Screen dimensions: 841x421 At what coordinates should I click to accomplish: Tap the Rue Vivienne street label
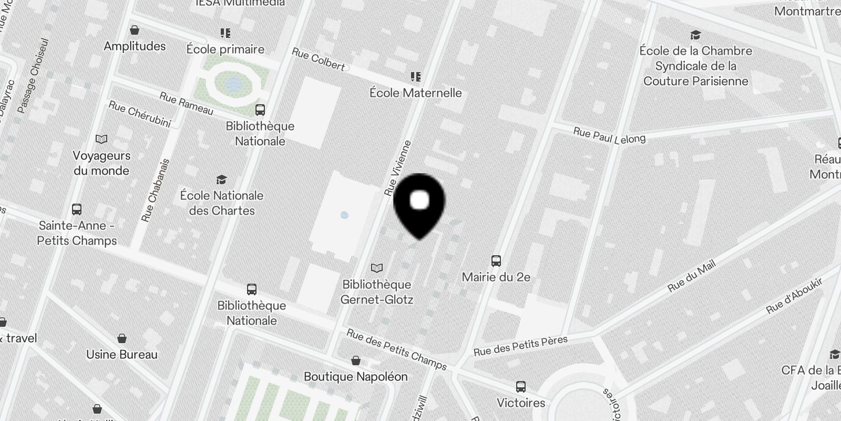[x=397, y=168]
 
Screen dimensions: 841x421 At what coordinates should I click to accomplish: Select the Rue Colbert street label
[x=318, y=59]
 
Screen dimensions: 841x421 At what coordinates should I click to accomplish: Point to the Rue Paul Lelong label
[x=609, y=135]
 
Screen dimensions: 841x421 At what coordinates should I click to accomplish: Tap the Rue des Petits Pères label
[x=520, y=346]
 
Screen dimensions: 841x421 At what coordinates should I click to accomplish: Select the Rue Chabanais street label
[x=155, y=190]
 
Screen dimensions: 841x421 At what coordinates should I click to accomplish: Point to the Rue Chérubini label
[x=140, y=114]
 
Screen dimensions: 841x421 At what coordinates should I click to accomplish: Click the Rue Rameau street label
[x=186, y=104]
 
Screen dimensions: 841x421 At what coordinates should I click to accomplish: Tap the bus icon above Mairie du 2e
[x=496, y=260]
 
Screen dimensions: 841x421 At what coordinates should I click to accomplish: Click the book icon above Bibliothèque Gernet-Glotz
[x=376, y=268]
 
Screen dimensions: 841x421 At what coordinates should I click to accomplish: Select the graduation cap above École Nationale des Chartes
[x=221, y=179]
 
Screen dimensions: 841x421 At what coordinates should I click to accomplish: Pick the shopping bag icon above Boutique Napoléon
[x=356, y=360]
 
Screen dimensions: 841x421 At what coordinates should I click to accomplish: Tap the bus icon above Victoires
[x=520, y=387]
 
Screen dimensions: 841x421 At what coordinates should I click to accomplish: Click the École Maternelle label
[x=415, y=93]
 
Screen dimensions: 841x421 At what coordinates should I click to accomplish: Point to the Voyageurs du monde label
[x=101, y=163]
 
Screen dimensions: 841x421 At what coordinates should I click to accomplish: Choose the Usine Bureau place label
[x=121, y=354]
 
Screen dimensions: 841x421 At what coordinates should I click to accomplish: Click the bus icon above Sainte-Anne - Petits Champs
[x=77, y=209]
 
